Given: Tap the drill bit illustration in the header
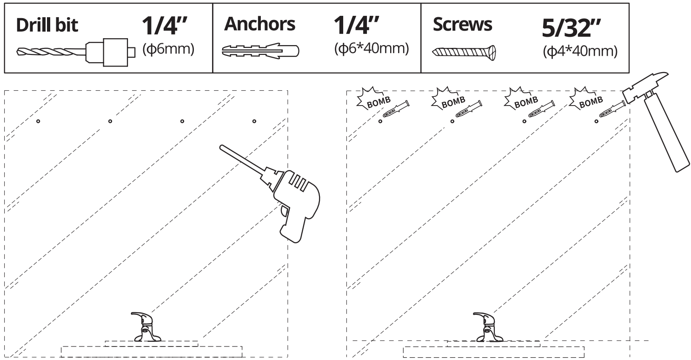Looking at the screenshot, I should (74, 51).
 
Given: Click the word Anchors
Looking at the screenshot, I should (259, 24).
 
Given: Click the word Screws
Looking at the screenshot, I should (462, 25).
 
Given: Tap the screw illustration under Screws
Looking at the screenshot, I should (465, 51).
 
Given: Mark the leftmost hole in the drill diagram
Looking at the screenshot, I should (38, 121).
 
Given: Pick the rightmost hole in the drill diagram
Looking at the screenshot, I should (254, 121).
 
